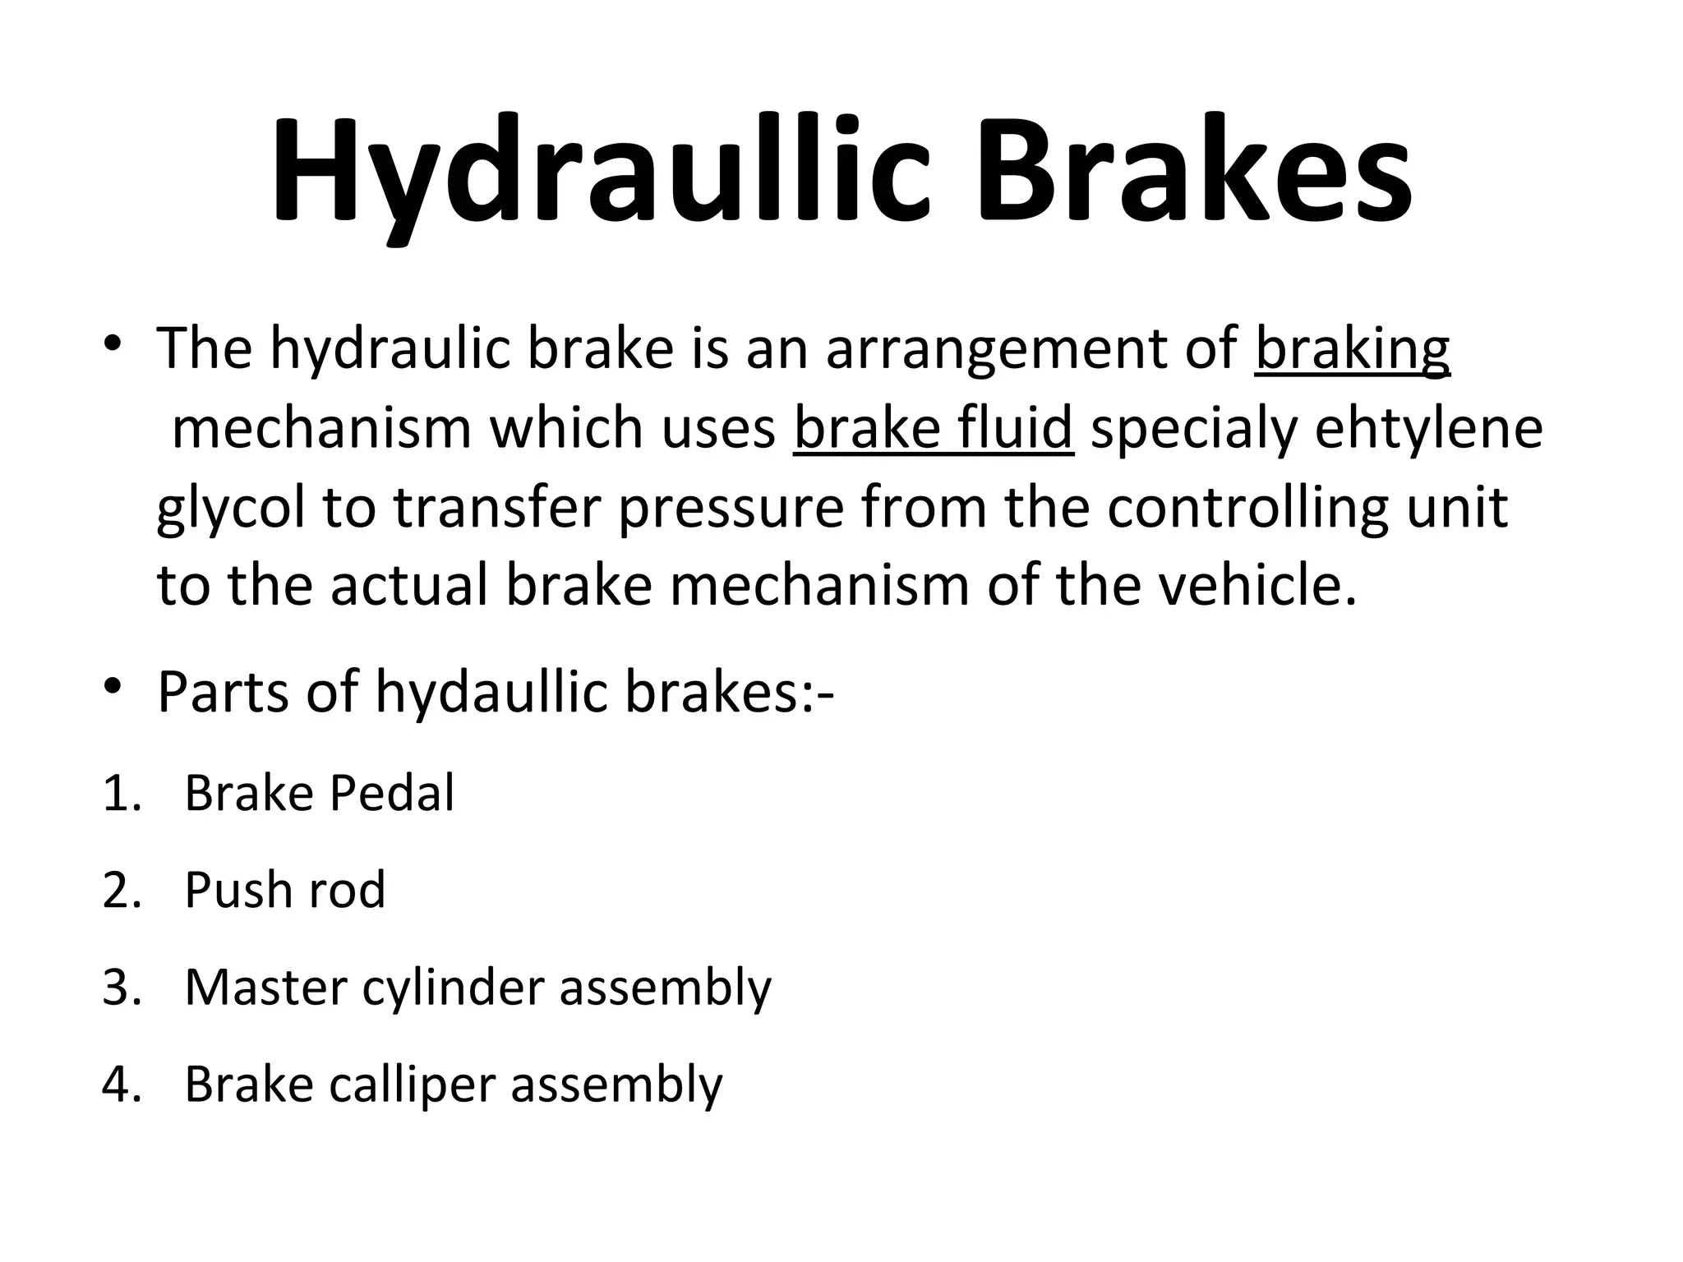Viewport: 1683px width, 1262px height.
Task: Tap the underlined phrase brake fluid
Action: coord(934,430)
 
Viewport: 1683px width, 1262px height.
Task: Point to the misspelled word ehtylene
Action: coord(1429,430)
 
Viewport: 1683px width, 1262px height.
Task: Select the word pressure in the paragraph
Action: coord(731,508)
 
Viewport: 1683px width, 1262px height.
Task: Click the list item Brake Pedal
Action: coord(319,794)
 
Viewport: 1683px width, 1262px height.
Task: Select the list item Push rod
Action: coord(284,891)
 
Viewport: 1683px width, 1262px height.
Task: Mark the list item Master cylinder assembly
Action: coord(477,988)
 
